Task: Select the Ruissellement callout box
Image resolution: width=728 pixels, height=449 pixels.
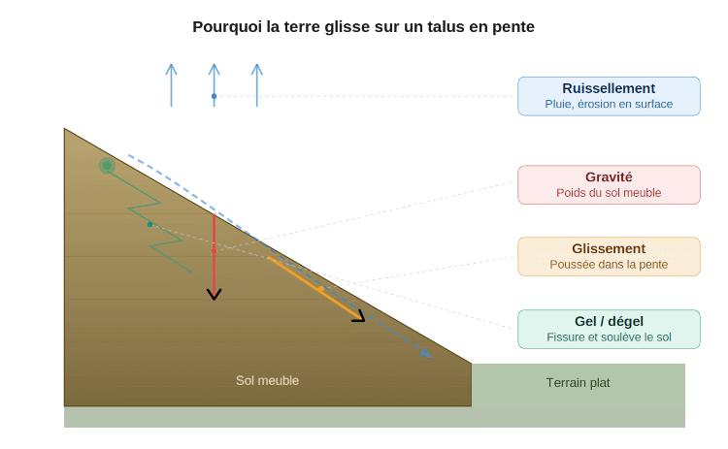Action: pos(609,96)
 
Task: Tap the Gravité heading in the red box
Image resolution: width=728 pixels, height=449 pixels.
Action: pos(609,177)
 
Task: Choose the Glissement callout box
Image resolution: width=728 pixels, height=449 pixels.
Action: pos(609,256)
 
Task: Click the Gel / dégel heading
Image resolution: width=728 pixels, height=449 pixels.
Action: pos(609,321)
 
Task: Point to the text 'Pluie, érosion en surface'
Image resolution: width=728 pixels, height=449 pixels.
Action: pos(609,104)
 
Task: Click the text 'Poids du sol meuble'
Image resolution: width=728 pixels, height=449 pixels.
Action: pos(609,193)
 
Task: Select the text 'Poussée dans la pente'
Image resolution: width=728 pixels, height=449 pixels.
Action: pos(609,264)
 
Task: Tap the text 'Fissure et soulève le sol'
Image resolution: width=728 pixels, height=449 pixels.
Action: pos(609,337)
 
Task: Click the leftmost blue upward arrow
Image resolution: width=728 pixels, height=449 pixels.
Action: pos(171,85)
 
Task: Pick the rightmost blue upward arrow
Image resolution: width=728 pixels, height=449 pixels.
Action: pos(256,85)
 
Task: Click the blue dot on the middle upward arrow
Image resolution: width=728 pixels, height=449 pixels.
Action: pos(214,96)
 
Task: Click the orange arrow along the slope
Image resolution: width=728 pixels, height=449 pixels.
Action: pos(315,287)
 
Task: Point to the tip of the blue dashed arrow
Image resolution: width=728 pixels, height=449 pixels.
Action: pos(430,356)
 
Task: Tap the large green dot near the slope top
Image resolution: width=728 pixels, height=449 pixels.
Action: pos(107,167)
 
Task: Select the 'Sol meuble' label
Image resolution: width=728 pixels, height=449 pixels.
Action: pos(267,380)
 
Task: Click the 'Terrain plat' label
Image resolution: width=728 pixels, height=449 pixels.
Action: pos(578,382)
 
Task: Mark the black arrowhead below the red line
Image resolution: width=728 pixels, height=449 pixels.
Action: pos(215,294)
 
